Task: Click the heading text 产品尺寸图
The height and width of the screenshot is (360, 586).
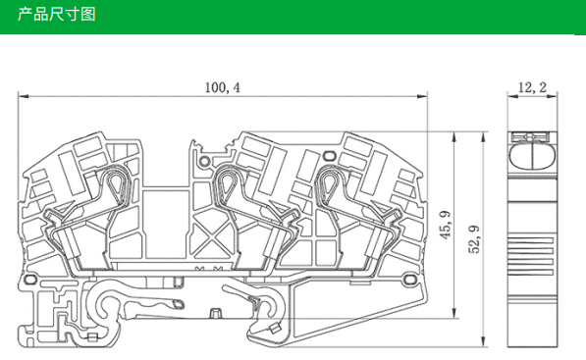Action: pos(57,14)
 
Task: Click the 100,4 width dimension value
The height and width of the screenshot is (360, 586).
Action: pos(223,87)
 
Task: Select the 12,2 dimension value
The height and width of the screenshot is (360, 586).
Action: pos(532,87)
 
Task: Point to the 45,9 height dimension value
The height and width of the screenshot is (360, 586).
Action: pos(445,226)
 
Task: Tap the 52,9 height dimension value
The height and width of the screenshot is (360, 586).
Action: pos(474,239)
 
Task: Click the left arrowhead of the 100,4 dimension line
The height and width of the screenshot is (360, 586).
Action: pos(24,96)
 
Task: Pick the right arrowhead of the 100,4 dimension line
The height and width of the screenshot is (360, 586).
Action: pos(422,96)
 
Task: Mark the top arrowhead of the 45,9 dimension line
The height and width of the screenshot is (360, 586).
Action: pos(454,137)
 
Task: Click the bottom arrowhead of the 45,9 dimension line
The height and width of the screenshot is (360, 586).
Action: pos(454,313)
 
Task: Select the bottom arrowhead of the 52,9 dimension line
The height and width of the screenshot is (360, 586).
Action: pos(483,341)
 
